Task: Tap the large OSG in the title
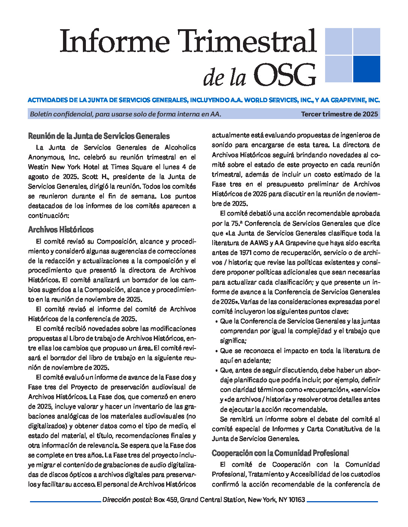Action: (x=285, y=75)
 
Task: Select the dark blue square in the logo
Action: (x=366, y=69)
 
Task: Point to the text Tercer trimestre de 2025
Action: (x=339, y=114)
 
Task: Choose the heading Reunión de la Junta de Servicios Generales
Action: (x=99, y=136)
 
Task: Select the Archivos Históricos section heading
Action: (x=61, y=229)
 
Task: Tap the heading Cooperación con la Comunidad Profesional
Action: (x=280, y=453)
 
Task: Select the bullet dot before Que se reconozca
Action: (x=217, y=351)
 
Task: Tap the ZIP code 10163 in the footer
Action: (x=297, y=500)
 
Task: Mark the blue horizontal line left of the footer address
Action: (x=65, y=501)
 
